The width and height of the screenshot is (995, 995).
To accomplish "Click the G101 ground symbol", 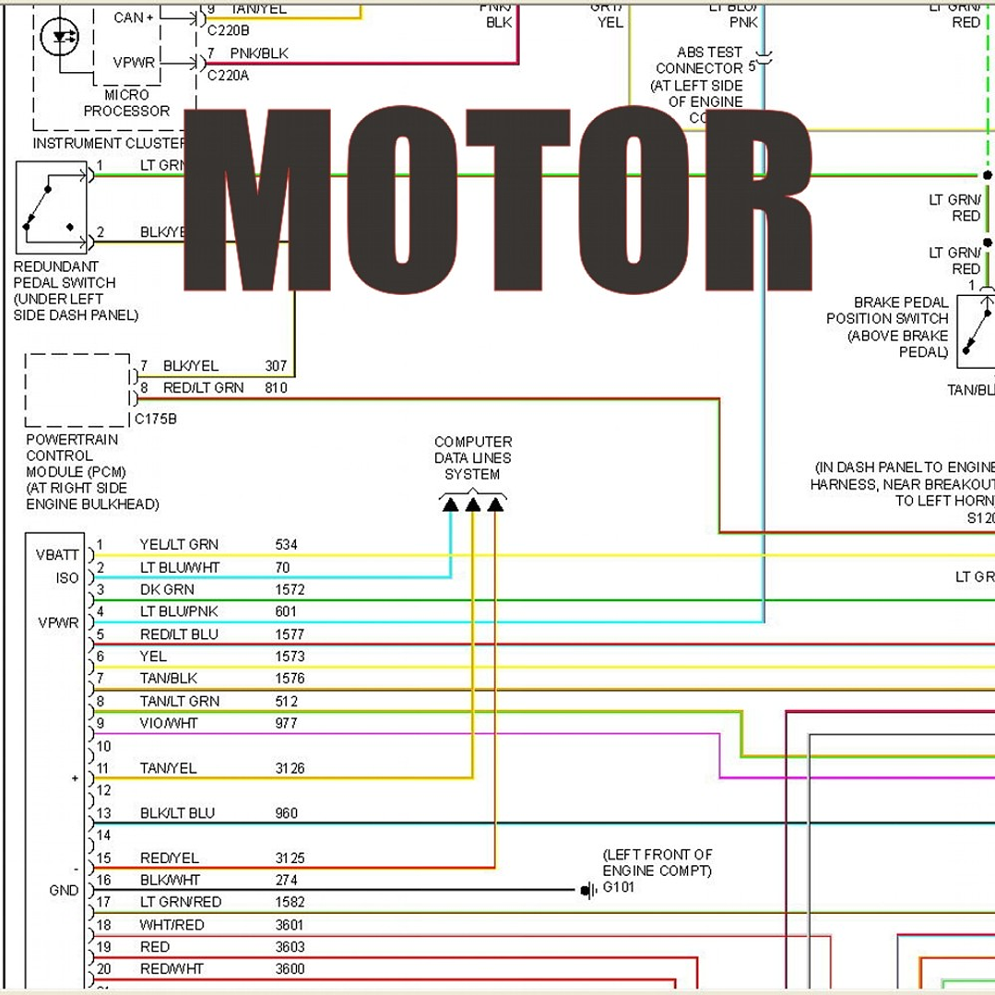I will (587, 890).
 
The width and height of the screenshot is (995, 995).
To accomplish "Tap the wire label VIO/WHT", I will (168, 724).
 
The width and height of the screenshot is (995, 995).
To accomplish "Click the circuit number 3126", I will (290, 768).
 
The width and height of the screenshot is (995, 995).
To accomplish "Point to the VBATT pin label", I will (57, 555).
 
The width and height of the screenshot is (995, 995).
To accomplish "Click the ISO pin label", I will (67, 578).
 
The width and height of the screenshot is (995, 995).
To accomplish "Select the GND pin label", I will (64, 891).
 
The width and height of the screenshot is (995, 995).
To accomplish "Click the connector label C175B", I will (156, 419).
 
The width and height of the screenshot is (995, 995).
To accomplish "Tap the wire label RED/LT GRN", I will (203, 388).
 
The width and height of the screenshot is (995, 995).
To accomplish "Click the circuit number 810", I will (276, 388).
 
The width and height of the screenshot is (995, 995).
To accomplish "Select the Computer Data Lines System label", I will (472, 458).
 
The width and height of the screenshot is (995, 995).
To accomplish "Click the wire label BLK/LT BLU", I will (177, 813).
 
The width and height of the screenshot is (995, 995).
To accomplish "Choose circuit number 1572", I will (290, 589).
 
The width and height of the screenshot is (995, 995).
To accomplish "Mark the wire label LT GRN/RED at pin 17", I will (180, 902).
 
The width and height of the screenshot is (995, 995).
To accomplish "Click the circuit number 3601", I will (290, 925).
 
